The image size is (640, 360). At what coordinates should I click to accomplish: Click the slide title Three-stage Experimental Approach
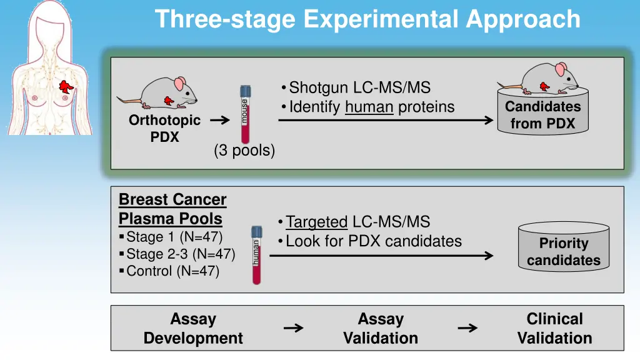367,19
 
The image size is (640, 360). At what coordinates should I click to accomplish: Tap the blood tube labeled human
256,255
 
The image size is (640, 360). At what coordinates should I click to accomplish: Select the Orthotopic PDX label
164,129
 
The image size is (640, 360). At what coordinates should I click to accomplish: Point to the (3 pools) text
244,151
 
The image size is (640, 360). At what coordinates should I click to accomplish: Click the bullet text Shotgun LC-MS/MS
359,88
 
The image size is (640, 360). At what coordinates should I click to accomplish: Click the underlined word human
369,107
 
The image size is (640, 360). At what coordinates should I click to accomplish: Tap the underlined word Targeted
316,222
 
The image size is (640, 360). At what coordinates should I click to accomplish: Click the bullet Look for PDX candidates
373,241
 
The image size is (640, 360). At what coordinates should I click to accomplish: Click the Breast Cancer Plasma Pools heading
172,209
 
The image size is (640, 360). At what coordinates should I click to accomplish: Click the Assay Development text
193,329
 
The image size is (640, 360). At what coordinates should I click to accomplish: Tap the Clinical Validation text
554,329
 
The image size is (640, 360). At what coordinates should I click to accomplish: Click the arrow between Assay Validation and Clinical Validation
467,328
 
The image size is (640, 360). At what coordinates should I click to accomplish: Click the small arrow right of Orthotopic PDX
219,121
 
